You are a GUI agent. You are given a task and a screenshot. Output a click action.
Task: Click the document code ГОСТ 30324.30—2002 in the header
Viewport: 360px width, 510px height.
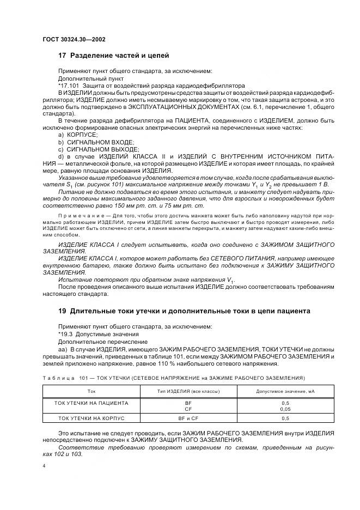click(74, 39)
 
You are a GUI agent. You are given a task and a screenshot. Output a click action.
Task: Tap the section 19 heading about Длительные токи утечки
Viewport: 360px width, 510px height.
click(184, 311)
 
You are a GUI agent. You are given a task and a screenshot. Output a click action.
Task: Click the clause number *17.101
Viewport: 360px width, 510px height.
click(69, 86)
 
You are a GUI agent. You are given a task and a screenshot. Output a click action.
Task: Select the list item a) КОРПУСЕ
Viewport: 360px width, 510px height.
click(78, 133)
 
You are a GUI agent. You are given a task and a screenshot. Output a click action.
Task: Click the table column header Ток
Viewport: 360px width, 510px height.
click(91, 391)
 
